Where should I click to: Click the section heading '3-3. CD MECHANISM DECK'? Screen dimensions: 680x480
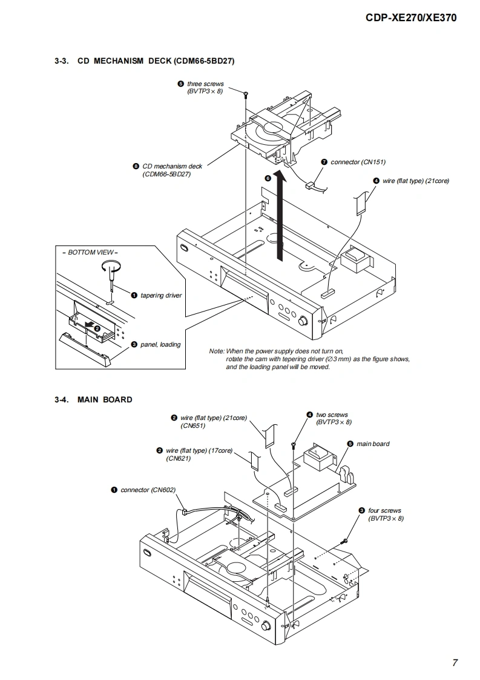[144, 61]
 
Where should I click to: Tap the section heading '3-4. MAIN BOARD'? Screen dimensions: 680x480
[93, 399]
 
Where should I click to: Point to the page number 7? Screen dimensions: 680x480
[455, 662]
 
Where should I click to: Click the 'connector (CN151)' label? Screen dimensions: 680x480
[357, 162]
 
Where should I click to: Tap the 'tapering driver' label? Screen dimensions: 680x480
[161, 295]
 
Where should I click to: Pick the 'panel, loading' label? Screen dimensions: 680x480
[160, 344]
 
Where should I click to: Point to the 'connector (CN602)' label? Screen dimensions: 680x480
[143, 490]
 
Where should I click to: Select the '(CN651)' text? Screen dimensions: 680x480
[193, 425]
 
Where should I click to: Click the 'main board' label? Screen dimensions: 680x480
[373, 444]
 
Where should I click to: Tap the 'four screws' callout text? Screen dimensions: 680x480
[384, 511]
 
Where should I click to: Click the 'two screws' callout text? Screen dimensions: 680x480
[329, 415]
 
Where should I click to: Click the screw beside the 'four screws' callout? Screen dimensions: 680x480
[345, 539]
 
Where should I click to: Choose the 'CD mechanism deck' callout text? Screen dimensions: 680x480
[172, 166]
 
